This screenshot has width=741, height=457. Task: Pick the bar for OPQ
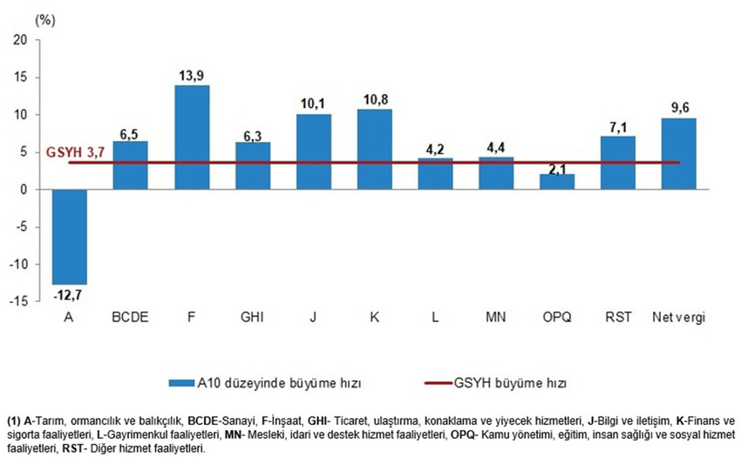pos(557,182)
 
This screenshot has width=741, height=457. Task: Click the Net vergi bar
pos(679,153)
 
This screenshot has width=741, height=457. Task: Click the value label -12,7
pos(69,292)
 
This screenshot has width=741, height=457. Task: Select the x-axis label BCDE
pos(130,317)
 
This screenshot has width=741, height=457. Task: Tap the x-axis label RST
pos(618,317)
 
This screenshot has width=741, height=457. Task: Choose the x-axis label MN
pos(496,317)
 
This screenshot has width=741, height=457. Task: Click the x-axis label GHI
pos(252,317)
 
